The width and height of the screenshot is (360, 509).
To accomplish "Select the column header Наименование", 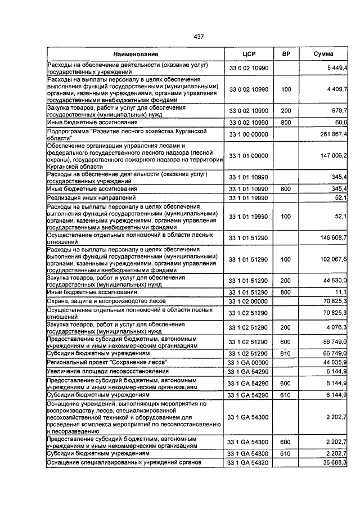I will (135, 54).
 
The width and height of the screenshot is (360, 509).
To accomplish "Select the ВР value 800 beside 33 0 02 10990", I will (285, 122).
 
